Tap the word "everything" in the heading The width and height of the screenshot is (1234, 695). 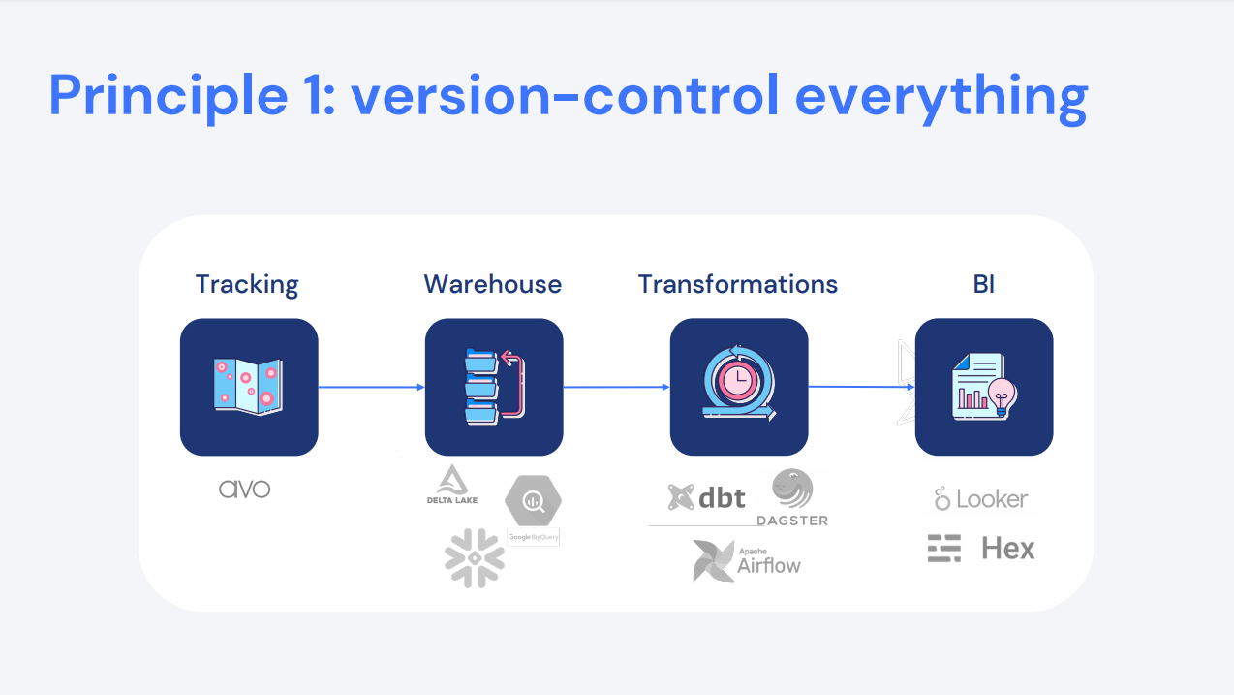click(941, 98)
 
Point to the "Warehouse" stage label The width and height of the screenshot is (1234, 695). click(492, 284)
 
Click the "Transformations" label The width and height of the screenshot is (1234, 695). click(738, 284)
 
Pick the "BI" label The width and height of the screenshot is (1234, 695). click(984, 284)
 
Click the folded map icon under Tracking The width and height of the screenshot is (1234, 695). click(249, 387)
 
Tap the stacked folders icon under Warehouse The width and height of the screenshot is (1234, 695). click(494, 387)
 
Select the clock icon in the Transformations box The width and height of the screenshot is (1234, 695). click(738, 380)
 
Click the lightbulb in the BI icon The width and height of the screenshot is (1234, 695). click(1003, 396)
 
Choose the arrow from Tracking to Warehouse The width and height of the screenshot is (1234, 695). click(371, 387)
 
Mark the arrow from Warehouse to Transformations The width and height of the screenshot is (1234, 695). click(616, 387)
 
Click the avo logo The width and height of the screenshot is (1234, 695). click(245, 489)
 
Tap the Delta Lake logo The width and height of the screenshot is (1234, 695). click(452, 485)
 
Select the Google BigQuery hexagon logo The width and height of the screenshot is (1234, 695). click(533, 500)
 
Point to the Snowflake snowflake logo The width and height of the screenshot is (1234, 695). click(475, 557)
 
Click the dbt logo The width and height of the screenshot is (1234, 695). click(706, 497)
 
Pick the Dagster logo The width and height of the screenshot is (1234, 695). click(792, 497)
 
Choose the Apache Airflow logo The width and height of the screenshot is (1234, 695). click(747, 561)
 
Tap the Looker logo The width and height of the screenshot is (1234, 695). click(980, 499)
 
